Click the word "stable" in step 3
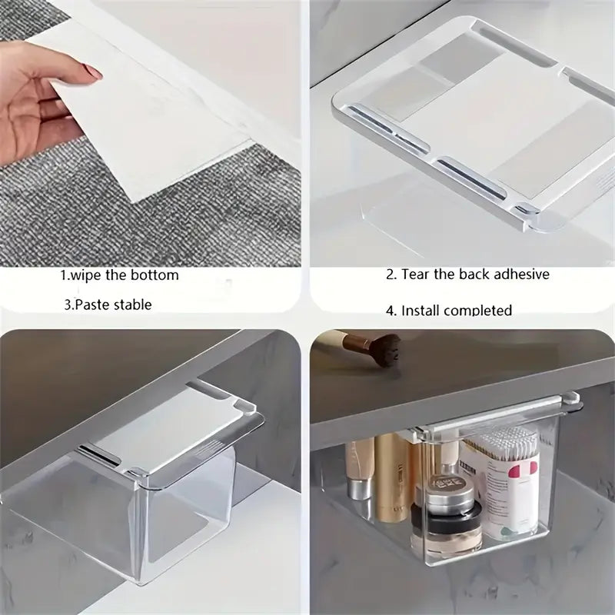133,304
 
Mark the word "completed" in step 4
479,311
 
